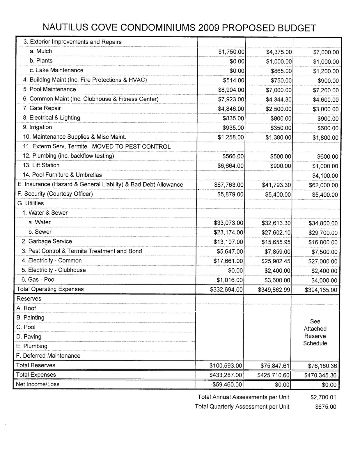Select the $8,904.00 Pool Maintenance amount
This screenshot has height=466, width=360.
coord(231,90)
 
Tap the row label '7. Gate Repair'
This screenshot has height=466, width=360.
coord(42,108)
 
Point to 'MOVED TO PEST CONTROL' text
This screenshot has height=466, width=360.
coord(131,146)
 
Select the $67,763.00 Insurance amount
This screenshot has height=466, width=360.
coord(229,185)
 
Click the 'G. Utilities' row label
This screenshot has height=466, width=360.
coord(31,203)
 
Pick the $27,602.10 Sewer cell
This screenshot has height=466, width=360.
coord(276,232)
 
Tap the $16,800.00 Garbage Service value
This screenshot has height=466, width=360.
coord(323,242)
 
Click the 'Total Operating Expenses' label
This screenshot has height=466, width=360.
coord(50,289)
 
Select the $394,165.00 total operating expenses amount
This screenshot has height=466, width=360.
coord(321,290)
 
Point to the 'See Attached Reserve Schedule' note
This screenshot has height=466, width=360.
coord(315,332)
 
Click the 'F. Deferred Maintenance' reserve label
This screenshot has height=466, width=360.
coord(48,356)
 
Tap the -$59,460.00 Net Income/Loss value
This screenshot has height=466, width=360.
coord(226,384)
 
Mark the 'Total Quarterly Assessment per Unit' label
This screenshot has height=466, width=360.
coord(242,407)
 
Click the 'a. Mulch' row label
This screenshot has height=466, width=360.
coord(41,51)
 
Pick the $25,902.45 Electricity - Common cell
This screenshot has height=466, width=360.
coord(276,261)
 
